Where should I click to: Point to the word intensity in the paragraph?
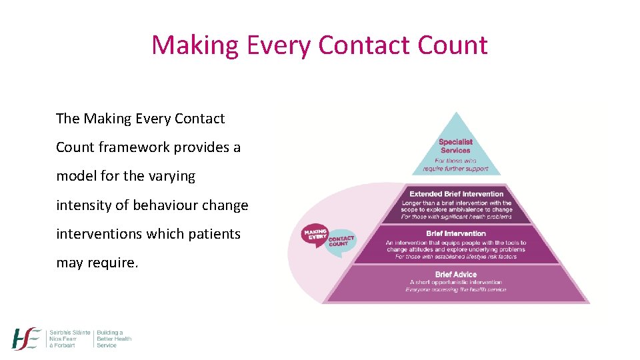tap(82, 205)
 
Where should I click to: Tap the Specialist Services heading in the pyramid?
tap(456, 145)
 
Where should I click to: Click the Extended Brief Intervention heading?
tap(456, 194)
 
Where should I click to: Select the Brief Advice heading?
tap(456, 274)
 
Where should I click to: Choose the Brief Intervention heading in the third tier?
tap(456, 233)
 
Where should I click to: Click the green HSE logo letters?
tap(27, 339)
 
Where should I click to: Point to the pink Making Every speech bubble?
tap(315, 235)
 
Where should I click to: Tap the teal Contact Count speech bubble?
tap(340, 241)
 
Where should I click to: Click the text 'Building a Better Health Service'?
tap(114, 339)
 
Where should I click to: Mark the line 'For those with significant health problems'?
tap(456, 217)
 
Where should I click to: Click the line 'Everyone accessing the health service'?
tap(456, 289)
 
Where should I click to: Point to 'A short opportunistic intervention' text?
tap(456, 282)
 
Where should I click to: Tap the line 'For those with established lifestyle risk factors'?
tap(456, 256)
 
